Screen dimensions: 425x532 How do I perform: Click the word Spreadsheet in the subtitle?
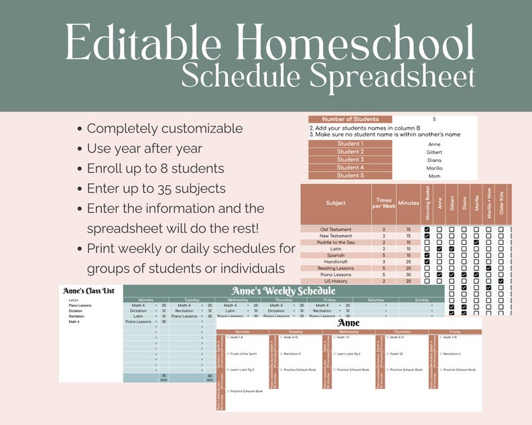[391, 77]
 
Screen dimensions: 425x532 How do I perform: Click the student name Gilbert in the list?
[434, 152]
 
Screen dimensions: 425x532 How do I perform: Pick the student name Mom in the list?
[434, 176]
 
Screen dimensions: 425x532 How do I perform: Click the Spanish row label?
[336, 255]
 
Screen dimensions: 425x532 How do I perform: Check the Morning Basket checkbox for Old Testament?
[427, 230]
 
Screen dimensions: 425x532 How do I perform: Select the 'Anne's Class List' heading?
[89, 291]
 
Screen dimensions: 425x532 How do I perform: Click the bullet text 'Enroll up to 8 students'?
[155, 169]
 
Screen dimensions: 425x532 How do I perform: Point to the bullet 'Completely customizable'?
[164, 129]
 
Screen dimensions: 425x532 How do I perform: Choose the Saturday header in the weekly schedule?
[376, 300]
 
